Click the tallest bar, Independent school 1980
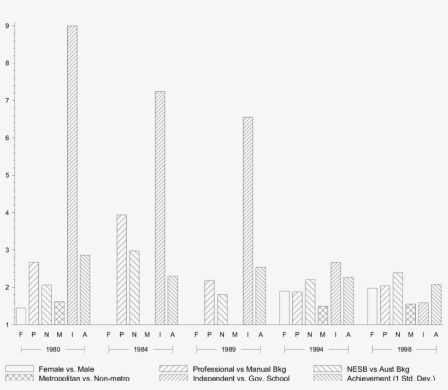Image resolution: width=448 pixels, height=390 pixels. (x=72, y=175)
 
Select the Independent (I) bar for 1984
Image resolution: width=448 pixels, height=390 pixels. (x=160, y=208)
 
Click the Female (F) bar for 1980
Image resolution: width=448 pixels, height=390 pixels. (x=21, y=316)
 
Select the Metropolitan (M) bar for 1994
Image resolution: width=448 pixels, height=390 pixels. (x=323, y=315)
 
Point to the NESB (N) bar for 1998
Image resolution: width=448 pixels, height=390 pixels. (x=398, y=298)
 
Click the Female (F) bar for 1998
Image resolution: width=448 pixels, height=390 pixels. (x=372, y=306)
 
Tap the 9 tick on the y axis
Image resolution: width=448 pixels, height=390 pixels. (x=8, y=26)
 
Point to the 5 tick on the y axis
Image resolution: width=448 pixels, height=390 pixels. (x=8, y=176)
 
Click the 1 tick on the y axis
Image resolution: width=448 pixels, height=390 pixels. (x=8, y=325)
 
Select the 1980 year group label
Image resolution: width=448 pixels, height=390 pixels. (x=53, y=350)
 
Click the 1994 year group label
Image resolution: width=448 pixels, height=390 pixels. (x=316, y=350)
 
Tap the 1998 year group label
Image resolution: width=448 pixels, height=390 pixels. (x=404, y=350)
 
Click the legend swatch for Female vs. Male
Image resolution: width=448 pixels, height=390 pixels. (x=20, y=369)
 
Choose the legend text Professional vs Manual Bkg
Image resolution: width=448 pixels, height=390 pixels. (x=239, y=369)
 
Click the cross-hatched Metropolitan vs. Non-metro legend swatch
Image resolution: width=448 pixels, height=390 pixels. (x=20, y=378)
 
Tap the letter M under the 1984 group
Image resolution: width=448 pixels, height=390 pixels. (x=147, y=335)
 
